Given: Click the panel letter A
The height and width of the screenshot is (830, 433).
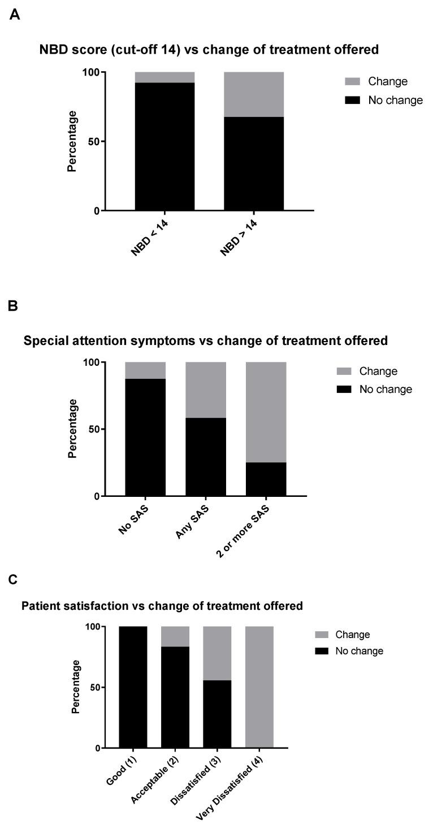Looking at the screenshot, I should pos(15,15).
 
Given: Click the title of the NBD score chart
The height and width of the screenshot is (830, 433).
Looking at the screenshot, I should pos(209,50).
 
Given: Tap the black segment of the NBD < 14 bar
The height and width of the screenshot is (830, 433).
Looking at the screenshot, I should pos(165,147).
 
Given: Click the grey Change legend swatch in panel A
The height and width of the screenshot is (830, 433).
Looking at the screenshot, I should pos(352,81).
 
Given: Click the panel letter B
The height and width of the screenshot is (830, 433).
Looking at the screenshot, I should pos(14,305).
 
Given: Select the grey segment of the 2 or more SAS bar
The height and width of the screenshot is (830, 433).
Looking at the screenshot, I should pos(266,412).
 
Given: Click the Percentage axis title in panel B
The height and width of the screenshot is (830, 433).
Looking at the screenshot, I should pos(73,429).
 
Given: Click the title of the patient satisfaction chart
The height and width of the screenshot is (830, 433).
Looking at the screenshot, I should pos(162,606).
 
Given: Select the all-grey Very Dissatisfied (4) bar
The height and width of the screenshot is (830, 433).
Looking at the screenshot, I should pos(259,687).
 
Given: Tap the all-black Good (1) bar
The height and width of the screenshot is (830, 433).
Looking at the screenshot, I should pos(133,687).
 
